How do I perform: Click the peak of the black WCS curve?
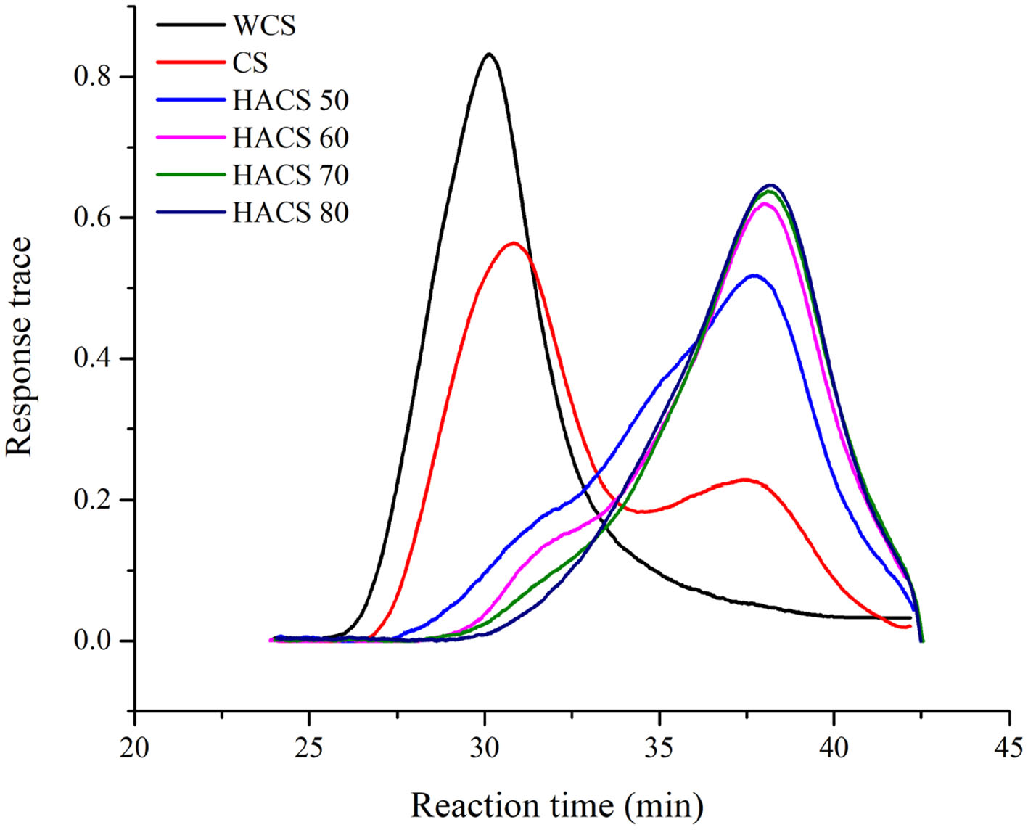point(490,54)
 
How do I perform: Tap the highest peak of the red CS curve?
point(514,243)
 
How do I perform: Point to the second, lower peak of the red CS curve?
point(744,480)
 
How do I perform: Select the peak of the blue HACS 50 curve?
point(754,275)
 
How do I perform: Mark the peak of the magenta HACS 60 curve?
point(765,203)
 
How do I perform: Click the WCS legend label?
point(264,25)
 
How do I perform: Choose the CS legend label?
point(250,63)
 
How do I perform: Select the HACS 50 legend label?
point(290,100)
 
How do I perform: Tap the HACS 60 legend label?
point(290,138)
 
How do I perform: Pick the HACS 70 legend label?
point(290,176)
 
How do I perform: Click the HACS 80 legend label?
point(290,213)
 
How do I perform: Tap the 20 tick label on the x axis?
point(135,747)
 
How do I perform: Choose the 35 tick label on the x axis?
point(659,747)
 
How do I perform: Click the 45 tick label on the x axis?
point(1009,747)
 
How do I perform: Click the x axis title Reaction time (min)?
point(557,805)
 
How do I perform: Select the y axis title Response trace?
point(20,347)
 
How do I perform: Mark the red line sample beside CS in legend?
point(190,63)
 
